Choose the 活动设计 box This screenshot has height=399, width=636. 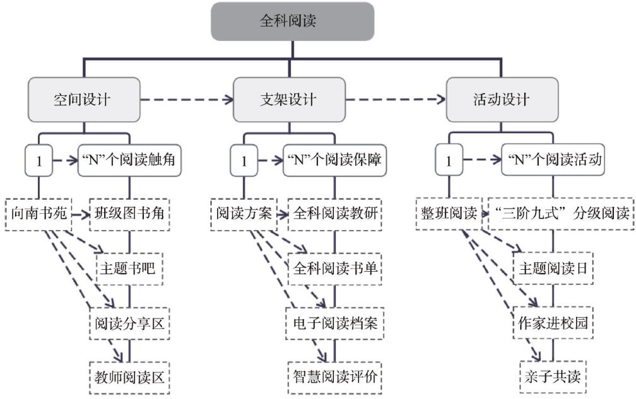coord(502,100)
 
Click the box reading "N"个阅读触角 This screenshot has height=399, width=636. coord(131,161)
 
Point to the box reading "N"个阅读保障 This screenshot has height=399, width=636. coord(334,161)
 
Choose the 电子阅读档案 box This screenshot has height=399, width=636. coord(335,323)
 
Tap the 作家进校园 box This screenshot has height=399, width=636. coord(553,323)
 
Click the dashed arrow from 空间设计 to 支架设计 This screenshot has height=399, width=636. coord(187,100)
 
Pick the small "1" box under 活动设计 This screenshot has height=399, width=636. coord(449,161)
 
